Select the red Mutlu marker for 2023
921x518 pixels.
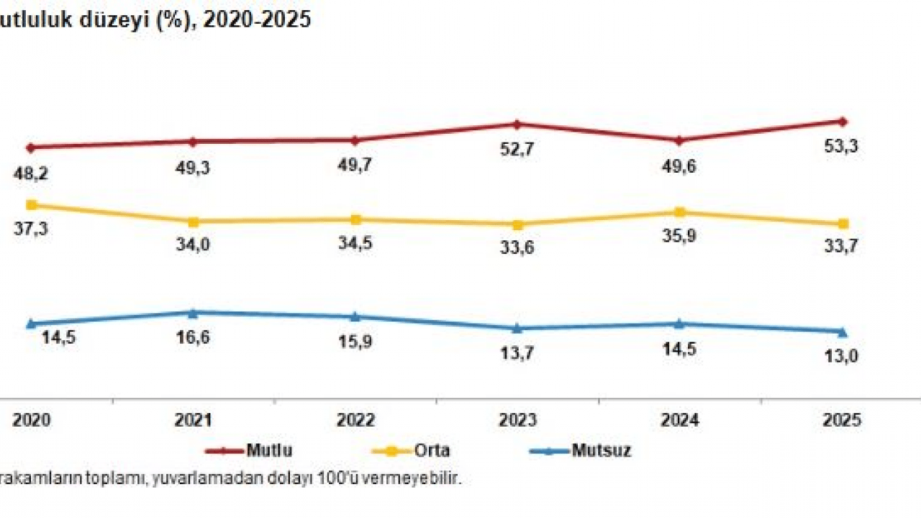coord(517,124)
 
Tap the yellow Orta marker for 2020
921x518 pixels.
coord(30,205)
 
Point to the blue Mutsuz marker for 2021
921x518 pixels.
coord(192,313)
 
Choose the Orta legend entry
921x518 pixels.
coord(432,451)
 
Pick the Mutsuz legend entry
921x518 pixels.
coord(601,451)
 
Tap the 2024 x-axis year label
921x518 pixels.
coord(679,421)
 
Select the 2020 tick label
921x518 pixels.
coord(31,421)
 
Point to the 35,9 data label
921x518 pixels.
coord(681,235)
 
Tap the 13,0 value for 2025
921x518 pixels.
coord(844,355)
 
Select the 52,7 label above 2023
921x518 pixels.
coord(517,150)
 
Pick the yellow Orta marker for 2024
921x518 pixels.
coord(679,212)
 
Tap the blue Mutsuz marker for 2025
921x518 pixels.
coord(843,332)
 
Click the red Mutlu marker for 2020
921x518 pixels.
coord(30,147)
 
